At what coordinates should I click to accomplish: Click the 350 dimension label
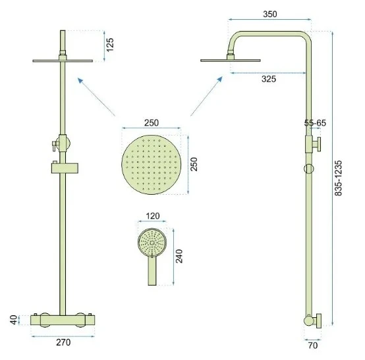(270, 14)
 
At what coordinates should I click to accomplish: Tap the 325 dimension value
(269, 79)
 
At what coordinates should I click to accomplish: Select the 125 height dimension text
(109, 45)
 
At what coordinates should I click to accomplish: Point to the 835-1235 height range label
(338, 178)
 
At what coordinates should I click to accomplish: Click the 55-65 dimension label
(315, 123)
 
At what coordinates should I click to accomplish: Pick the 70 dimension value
(313, 346)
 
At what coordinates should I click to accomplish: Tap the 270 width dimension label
(63, 342)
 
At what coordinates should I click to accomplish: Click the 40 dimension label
(14, 320)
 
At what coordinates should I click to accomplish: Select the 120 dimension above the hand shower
(153, 216)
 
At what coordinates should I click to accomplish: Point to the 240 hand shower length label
(179, 256)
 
